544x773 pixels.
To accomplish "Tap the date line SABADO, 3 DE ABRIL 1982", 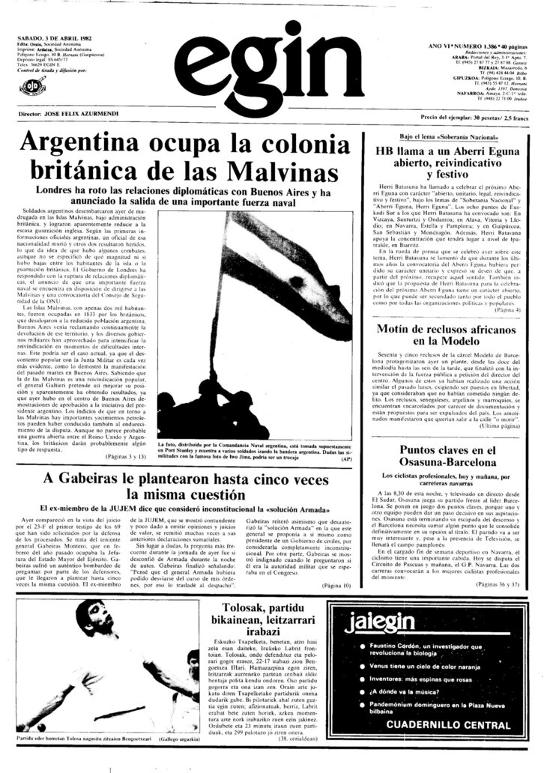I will coord(58,38).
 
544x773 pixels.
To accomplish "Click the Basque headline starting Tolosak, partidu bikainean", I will coord(272,623).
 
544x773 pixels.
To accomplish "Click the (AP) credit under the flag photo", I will coord(345,458).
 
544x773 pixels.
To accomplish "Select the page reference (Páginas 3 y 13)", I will coord(124,455).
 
